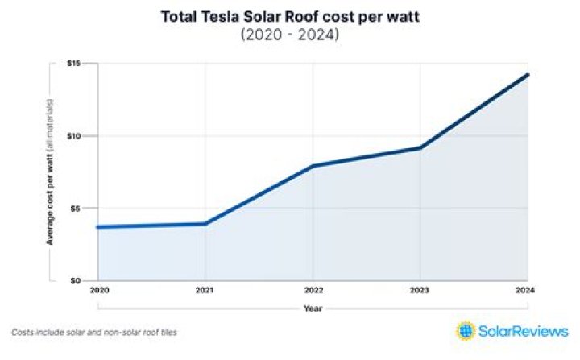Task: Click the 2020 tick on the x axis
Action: (x=98, y=290)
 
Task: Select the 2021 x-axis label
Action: (x=205, y=290)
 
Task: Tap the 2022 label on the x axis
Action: (x=313, y=290)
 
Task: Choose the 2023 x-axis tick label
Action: (x=420, y=290)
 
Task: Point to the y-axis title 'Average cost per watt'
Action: (x=50, y=172)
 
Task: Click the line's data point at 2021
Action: (x=205, y=224)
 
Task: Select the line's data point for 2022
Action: (x=313, y=166)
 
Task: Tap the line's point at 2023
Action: (x=420, y=147)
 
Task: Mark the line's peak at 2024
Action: (x=528, y=75)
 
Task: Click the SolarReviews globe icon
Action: (x=466, y=331)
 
